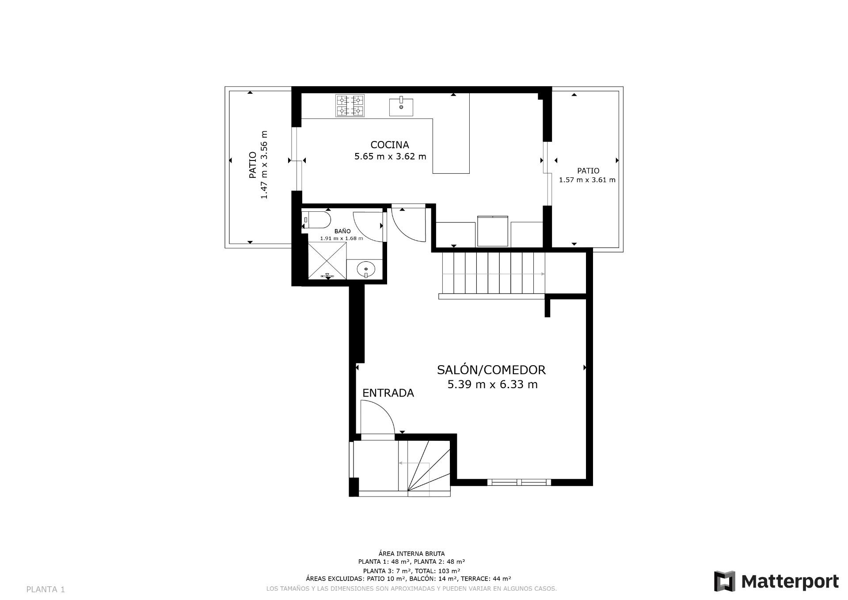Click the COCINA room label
[389, 145]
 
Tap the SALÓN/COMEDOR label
[491, 370]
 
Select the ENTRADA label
[388, 393]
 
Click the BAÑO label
[342, 231]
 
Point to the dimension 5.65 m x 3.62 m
[390, 157]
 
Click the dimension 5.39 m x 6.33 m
[492, 385]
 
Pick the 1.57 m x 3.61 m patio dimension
[587, 180]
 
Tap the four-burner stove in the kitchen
[350, 106]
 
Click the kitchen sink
[401, 106]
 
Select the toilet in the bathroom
[316, 220]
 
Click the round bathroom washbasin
[366, 269]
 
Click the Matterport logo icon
[725, 581]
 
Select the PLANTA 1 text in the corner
[46, 589]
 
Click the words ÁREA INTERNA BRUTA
[411, 553]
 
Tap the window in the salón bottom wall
[519, 482]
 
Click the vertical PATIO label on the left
[253, 165]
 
